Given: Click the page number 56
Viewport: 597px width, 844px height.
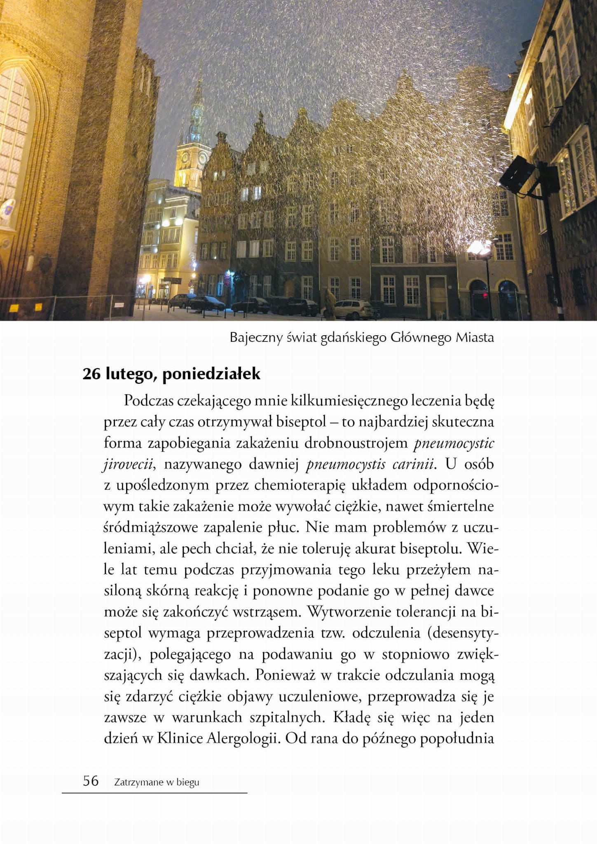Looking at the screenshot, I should pos(91,781).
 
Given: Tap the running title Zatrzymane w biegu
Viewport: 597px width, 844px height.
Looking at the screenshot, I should pos(157,782).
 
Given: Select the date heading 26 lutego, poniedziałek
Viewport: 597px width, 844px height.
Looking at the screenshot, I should pos(171,374).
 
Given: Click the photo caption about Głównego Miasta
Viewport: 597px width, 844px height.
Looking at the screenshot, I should pos(361,337).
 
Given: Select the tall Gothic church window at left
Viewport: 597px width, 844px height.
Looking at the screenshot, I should pos(14,136).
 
